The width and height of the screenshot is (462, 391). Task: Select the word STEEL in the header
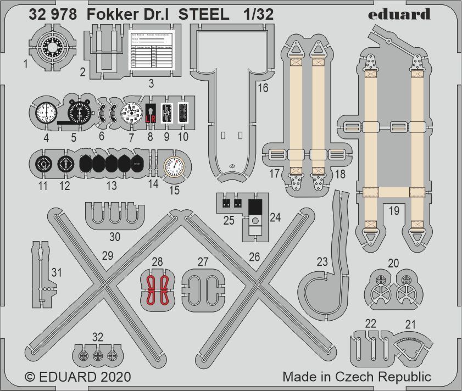click(204, 15)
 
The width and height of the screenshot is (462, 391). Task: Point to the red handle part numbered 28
click(157, 288)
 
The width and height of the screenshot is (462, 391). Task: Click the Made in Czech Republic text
click(357, 377)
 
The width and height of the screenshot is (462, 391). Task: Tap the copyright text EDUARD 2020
click(78, 377)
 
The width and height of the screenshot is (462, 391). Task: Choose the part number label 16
click(263, 88)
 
